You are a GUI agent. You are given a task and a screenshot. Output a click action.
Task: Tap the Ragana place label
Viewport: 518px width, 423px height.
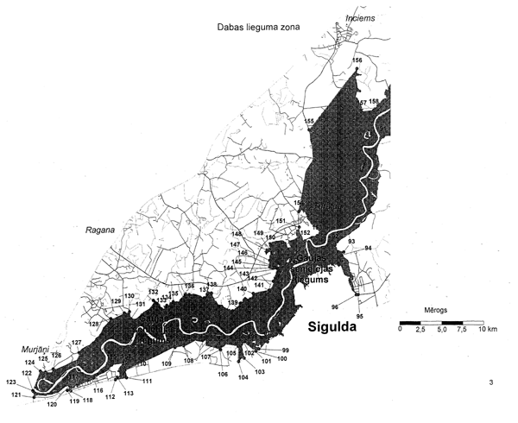(101, 230)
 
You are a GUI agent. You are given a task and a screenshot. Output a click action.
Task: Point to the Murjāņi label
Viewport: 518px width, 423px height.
(36, 349)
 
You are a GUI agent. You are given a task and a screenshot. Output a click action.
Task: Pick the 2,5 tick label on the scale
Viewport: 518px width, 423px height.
(420, 330)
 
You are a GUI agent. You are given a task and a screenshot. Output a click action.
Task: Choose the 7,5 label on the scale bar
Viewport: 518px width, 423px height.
(460, 330)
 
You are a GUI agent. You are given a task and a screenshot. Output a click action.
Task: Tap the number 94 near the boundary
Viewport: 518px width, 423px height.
(368, 248)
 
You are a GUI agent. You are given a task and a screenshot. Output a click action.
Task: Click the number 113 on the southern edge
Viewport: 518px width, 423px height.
(129, 393)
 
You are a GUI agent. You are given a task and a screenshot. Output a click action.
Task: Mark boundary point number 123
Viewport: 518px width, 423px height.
(11, 382)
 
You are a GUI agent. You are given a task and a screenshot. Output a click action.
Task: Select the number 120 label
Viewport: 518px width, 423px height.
(52, 403)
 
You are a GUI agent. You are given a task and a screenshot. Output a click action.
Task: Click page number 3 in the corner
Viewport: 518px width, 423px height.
(490, 382)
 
